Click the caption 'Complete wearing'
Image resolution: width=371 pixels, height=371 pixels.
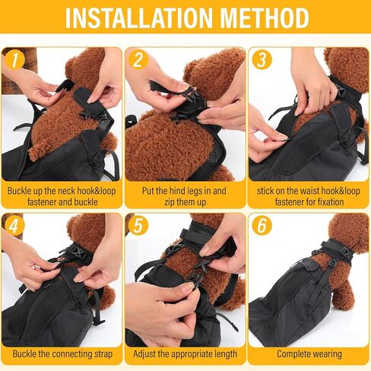[x=309, y=354]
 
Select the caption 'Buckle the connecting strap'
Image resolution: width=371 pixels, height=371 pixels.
[x=62, y=354]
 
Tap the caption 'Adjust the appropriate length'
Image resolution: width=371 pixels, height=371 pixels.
[x=185, y=354]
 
